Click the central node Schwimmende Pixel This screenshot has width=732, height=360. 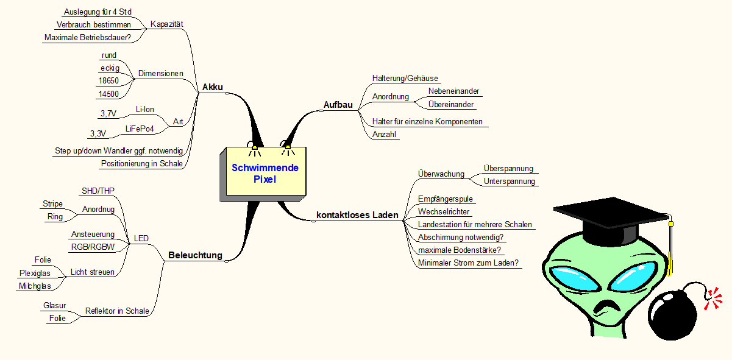(265, 173)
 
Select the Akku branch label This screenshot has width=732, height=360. (213, 87)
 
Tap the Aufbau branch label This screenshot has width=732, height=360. (338, 105)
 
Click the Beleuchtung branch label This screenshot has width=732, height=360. (195, 255)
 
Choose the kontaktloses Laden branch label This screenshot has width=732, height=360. (357, 215)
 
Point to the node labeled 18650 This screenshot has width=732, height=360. (108, 80)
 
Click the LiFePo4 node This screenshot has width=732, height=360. (140, 129)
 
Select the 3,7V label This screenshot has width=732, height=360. (108, 113)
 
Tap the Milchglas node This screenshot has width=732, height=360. (34, 286)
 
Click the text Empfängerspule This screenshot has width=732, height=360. (446, 199)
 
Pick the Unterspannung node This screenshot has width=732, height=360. (509, 181)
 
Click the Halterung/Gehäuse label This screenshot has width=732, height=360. (405, 78)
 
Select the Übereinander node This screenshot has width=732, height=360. (451, 104)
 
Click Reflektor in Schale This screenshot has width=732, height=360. (117, 311)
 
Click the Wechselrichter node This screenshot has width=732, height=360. (444, 211)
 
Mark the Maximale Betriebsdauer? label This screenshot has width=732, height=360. (88, 38)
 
